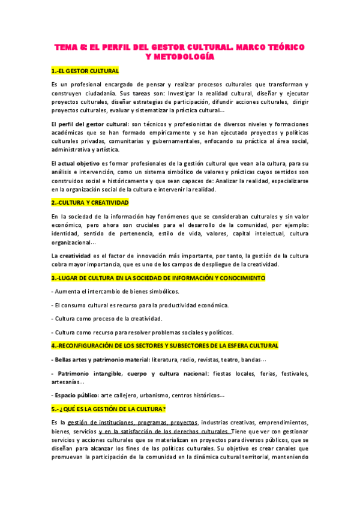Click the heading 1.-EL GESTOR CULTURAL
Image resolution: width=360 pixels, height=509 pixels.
point(85,71)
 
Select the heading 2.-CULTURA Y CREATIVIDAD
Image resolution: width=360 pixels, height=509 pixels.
point(90,203)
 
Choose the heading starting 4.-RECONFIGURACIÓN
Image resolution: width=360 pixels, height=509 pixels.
point(165,346)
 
